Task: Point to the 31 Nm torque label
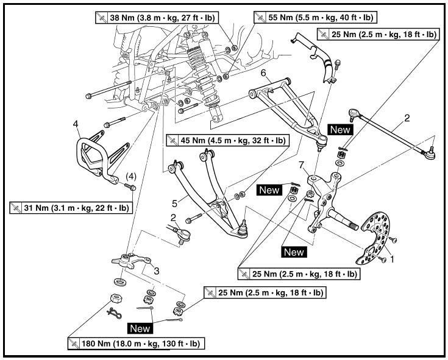coord(71,208)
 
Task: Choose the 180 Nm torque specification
coord(136,344)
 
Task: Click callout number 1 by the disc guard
coord(393,258)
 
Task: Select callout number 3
coord(157,270)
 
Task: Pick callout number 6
coord(263,73)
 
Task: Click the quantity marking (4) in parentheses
coord(130,177)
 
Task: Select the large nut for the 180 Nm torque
coord(113,300)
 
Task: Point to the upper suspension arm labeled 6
coord(286,110)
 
